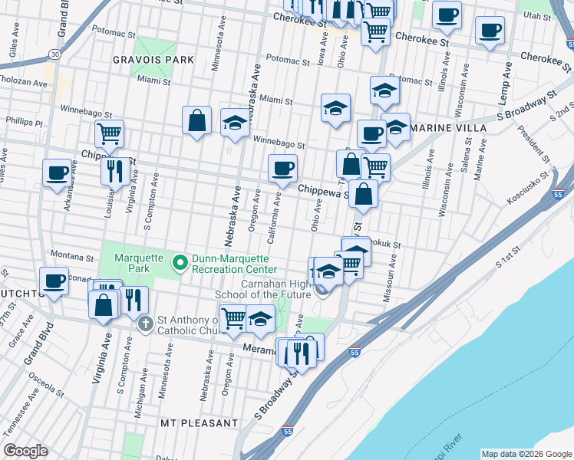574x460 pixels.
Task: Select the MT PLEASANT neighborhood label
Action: pyautogui.click(x=200, y=423)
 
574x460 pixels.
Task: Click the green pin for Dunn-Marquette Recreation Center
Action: pyautogui.click(x=180, y=264)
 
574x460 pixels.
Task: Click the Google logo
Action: pyautogui.click(x=26, y=451)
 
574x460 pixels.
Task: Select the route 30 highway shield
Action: pyautogui.click(x=53, y=54)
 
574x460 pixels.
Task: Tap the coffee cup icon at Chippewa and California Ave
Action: pyautogui.click(x=282, y=168)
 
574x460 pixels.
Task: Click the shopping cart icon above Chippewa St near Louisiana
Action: pyautogui.click(x=109, y=133)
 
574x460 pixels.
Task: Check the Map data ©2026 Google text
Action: pyautogui.click(x=526, y=453)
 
